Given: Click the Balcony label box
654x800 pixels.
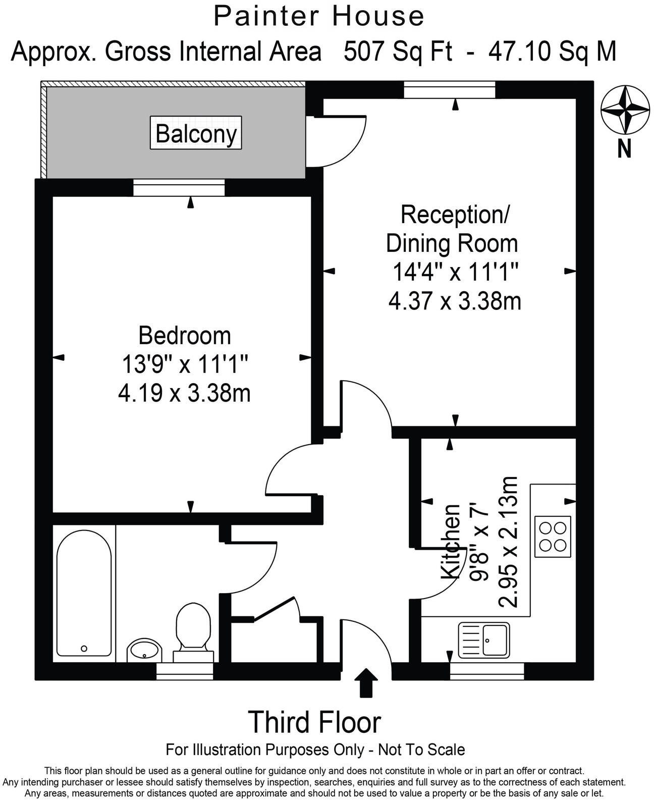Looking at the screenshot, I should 196,133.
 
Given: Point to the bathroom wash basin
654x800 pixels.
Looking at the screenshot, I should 144,651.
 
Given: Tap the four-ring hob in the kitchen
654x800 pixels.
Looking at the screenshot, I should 553,537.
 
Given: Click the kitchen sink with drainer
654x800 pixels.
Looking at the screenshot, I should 483,641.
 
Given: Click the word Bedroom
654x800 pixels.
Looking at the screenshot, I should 185,336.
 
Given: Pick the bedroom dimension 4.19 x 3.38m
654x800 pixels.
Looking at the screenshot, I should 184,393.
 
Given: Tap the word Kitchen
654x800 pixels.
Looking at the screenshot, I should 451,541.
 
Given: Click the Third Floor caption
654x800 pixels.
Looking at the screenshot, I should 314,722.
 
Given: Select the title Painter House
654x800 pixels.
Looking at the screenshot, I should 319,16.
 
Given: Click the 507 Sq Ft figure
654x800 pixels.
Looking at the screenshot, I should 398,51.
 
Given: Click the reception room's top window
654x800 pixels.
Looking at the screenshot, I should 449,90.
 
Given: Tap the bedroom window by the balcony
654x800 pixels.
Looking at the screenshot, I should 179,188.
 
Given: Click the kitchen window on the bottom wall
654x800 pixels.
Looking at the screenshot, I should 486,671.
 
